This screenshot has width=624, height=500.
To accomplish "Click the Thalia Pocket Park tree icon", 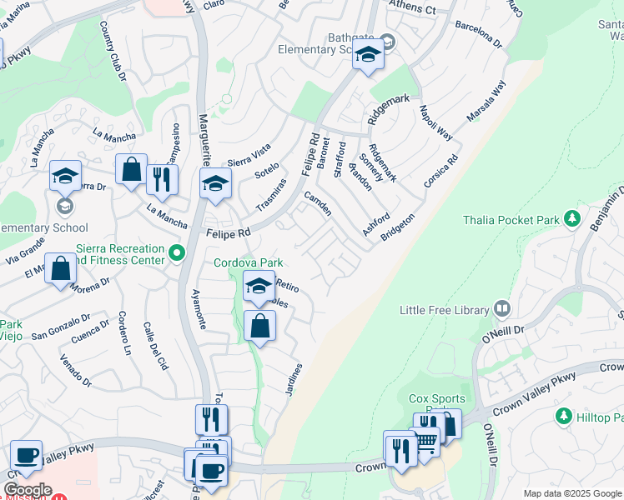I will [571, 219].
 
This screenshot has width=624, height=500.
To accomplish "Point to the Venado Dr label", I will [74, 370].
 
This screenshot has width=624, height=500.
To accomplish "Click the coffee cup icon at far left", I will [26, 456].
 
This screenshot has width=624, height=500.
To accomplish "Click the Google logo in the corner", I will [28, 490].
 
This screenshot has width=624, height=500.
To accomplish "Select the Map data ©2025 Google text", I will [571, 494].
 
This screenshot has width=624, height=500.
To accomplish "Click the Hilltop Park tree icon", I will [565, 415].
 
